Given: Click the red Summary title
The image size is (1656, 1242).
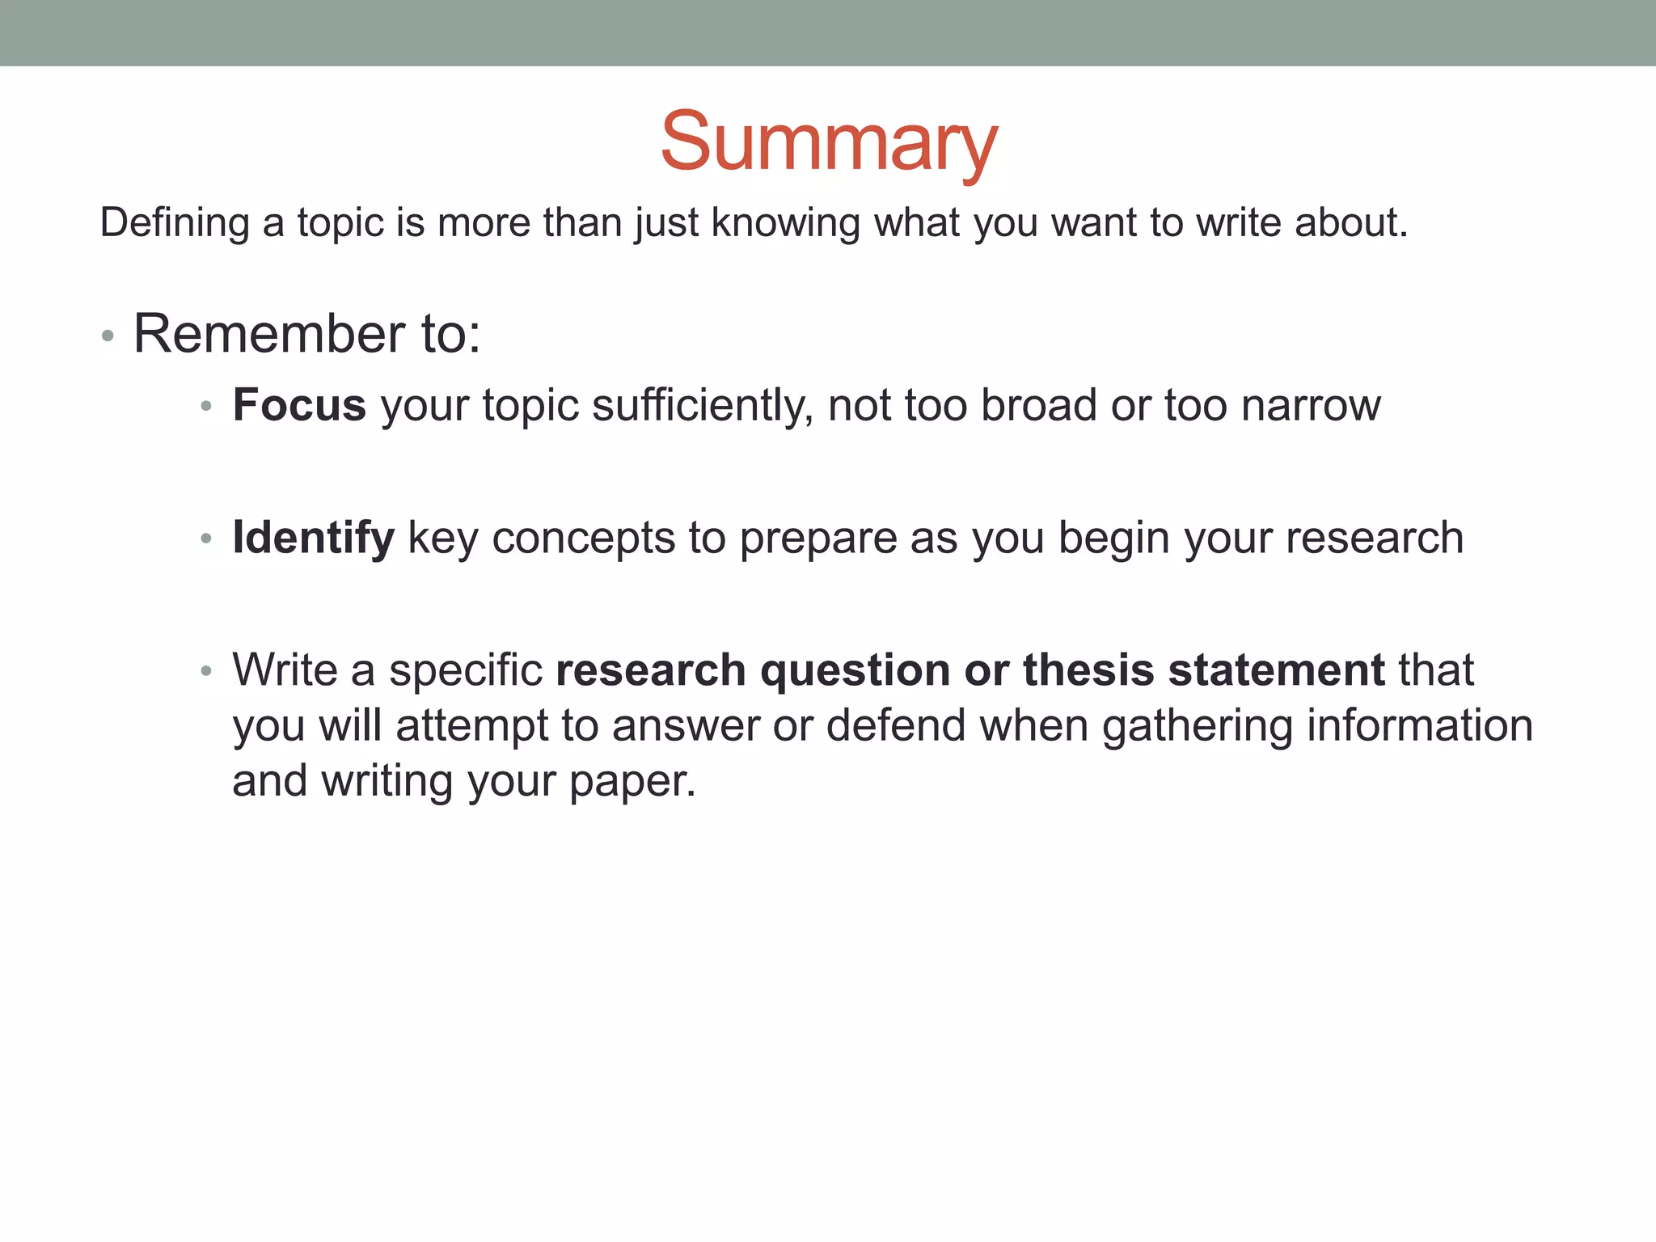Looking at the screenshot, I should (x=829, y=142).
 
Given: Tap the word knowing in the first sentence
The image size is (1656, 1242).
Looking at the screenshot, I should (x=785, y=222).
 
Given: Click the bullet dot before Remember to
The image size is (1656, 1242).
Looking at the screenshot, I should (x=108, y=335).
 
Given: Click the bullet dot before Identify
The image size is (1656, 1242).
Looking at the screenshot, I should (x=207, y=539).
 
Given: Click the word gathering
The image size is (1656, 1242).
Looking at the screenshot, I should (x=1197, y=726).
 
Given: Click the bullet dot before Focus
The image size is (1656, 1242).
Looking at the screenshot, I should (x=207, y=406).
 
